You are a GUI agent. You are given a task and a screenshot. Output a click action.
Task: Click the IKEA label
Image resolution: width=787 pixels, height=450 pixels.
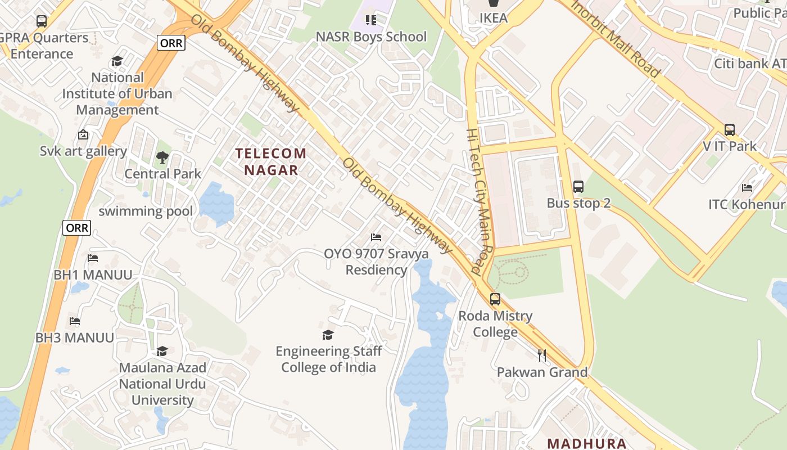point(494,18)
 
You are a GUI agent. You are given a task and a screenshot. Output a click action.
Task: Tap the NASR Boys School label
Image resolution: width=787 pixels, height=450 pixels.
point(371,37)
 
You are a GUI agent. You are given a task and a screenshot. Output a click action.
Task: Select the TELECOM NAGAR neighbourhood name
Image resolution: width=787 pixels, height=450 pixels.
point(271,161)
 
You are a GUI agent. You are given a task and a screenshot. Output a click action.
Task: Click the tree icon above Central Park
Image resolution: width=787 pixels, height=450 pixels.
point(162,157)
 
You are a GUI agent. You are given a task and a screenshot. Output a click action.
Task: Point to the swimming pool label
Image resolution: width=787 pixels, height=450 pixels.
point(146,211)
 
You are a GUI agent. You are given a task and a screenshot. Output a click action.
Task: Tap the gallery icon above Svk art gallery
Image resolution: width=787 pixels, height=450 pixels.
point(83,135)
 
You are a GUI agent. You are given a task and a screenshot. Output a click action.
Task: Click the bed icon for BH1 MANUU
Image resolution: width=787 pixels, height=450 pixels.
point(93,258)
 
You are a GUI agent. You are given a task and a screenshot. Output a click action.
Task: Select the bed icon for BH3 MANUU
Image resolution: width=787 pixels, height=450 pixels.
point(75,321)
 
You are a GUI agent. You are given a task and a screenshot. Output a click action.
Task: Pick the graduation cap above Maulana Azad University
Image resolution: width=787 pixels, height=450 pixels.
point(162,352)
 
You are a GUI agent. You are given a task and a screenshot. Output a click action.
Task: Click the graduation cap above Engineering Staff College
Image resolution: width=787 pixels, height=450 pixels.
point(328,335)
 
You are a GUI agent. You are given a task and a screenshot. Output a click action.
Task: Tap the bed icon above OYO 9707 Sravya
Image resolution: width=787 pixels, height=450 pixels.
point(376,237)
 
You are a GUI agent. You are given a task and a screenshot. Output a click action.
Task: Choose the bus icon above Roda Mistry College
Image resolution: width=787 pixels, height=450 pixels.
point(495,299)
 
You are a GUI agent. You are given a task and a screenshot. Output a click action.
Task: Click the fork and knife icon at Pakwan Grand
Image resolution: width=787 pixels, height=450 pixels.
point(542,355)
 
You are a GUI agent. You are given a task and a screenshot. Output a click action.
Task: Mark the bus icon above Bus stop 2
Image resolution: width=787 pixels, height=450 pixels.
point(578,187)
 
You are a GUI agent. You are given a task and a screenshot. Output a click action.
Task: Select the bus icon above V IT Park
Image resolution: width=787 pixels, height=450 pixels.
point(730,130)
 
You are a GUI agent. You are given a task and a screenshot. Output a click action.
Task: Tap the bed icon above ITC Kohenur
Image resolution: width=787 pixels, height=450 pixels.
point(747,187)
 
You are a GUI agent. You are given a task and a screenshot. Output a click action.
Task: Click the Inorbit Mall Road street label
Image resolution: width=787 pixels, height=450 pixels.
point(615,39)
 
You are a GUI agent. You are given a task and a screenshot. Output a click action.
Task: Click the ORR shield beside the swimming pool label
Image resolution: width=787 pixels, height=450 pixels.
point(76,228)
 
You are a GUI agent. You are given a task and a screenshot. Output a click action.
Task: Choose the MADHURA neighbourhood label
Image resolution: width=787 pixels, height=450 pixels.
point(587,443)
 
